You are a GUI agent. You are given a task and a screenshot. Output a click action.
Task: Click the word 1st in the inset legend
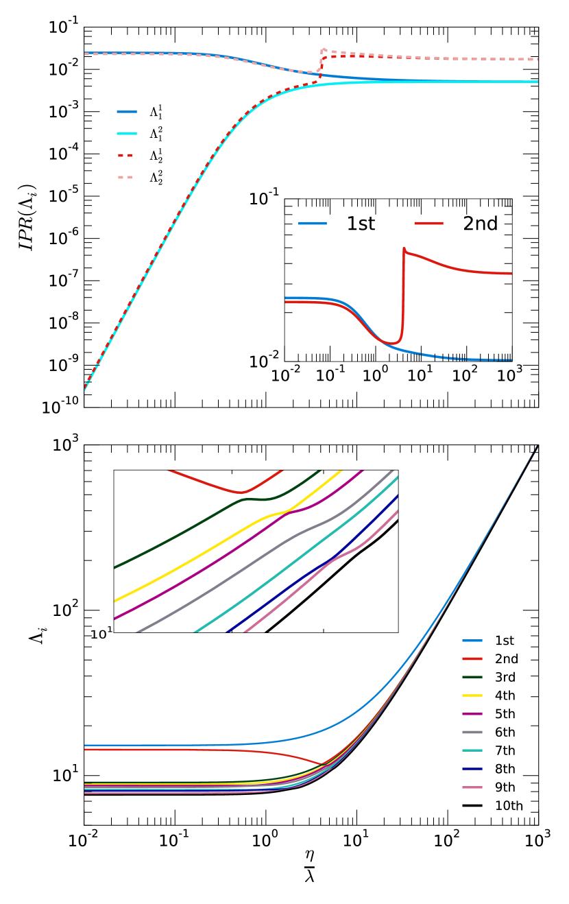coord(361,224)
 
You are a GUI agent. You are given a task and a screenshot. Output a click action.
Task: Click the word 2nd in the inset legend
coord(480,224)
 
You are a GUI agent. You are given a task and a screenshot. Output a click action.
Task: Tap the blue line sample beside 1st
coord(313,224)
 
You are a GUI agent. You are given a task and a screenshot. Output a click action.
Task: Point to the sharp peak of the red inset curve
coord(404,248)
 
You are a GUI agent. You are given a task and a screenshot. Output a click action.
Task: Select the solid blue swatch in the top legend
coord(127,112)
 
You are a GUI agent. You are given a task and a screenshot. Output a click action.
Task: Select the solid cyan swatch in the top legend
coord(127,134)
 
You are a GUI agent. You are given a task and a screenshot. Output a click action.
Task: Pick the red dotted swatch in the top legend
coord(125,156)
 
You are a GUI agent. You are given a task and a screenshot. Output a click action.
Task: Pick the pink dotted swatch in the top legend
coord(125,178)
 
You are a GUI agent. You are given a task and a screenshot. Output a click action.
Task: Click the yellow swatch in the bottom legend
coord(472,695)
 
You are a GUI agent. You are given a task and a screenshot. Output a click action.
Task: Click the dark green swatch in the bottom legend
coord(472,677)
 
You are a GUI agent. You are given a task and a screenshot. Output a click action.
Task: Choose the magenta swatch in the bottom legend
coord(472,714)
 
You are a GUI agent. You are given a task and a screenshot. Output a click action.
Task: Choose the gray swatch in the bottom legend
coord(472,732)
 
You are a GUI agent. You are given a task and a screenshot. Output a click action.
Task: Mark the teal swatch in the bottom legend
coord(472,750)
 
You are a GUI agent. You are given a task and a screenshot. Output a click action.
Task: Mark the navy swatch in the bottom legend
coord(472,769)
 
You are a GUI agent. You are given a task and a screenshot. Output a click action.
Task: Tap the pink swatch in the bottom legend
coord(472,787)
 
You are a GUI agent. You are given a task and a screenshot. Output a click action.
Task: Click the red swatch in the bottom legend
coord(472,658)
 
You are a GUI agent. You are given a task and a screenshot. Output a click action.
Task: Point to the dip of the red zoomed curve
coord(241,492)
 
